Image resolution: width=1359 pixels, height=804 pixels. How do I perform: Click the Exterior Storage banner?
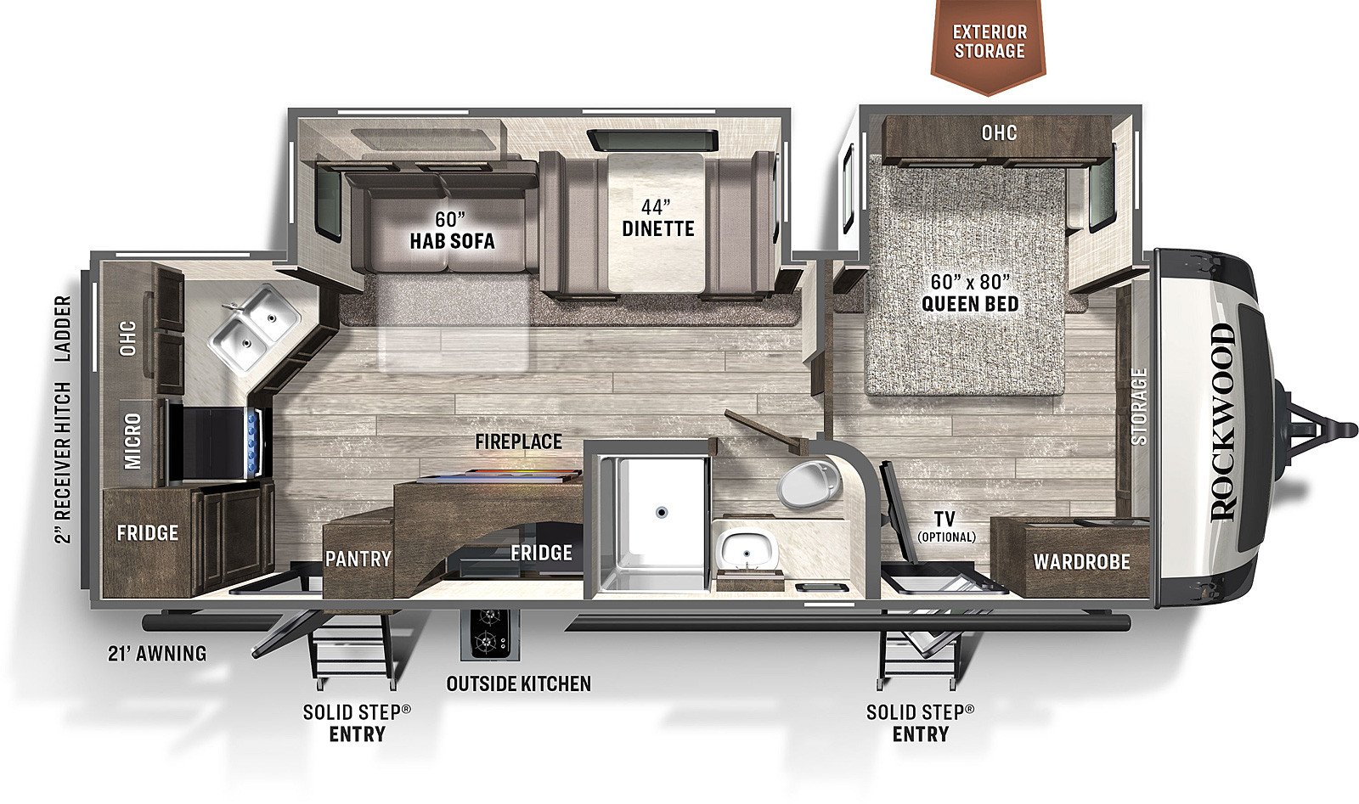click(989, 46)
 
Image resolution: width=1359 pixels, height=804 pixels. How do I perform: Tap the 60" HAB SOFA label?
click(452, 230)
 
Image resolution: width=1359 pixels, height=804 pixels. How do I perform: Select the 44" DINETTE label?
click(657, 218)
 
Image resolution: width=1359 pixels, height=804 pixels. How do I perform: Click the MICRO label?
click(133, 441)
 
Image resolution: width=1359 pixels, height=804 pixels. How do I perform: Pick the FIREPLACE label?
click(519, 441)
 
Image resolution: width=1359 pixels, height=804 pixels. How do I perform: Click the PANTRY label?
click(358, 559)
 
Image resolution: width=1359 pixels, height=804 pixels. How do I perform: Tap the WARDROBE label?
click(1082, 562)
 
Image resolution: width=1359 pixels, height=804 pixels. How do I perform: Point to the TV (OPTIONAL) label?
click(946, 526)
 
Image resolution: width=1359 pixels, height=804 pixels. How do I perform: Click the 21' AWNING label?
click(157, 654)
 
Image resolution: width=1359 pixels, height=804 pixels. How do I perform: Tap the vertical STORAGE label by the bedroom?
click(1139, 406)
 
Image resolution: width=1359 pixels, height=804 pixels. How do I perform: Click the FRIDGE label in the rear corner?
click(148, 533)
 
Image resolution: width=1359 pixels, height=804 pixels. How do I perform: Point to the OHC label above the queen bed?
click(999, 132)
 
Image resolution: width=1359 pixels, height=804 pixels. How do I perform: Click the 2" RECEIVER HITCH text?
click(63, 463)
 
